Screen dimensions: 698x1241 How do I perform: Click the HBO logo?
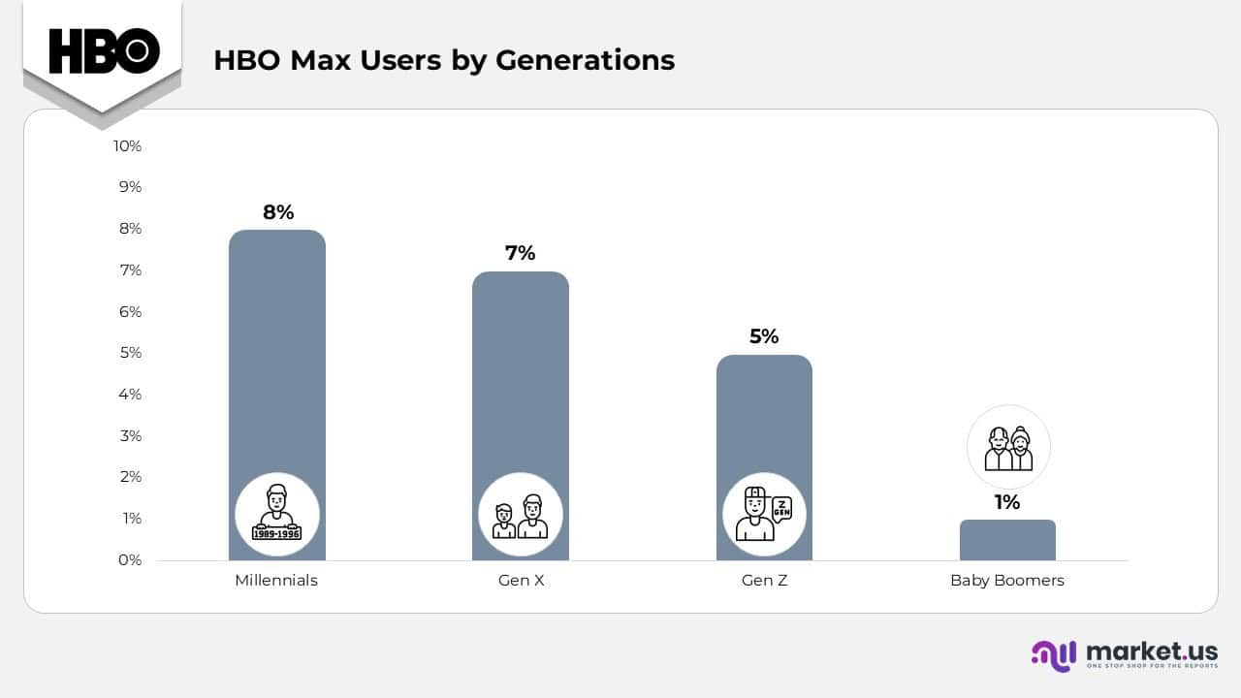pos(104,50)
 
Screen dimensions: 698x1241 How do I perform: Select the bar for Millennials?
pos(277,368)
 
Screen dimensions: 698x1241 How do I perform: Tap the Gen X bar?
pos(521,388)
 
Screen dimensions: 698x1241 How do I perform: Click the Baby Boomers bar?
pos(1007,540)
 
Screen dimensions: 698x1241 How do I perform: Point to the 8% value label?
pos(278,212)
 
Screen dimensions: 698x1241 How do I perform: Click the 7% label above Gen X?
pos(521,253)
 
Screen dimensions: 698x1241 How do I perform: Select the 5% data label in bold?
pos(764,336)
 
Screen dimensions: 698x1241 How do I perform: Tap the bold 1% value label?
pos(1007,502)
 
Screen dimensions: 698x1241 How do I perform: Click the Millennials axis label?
pos(276,581)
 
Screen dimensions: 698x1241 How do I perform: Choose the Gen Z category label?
pos(764,581)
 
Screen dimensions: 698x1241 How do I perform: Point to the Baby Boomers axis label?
pos(1007,581)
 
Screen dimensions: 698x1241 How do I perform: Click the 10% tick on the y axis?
pos(127,145)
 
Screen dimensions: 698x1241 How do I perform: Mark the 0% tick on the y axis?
pos(130,559)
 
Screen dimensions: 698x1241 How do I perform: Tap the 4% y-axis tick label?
pos(130,394)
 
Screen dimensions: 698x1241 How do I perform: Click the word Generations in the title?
pos(586,60)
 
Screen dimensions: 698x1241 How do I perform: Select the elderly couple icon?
pos(1008,448)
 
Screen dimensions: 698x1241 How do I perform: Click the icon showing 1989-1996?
pos(277,514)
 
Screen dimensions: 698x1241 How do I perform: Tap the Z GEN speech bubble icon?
pos(780,507)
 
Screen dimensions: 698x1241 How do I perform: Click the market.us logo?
pos(1124,653)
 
